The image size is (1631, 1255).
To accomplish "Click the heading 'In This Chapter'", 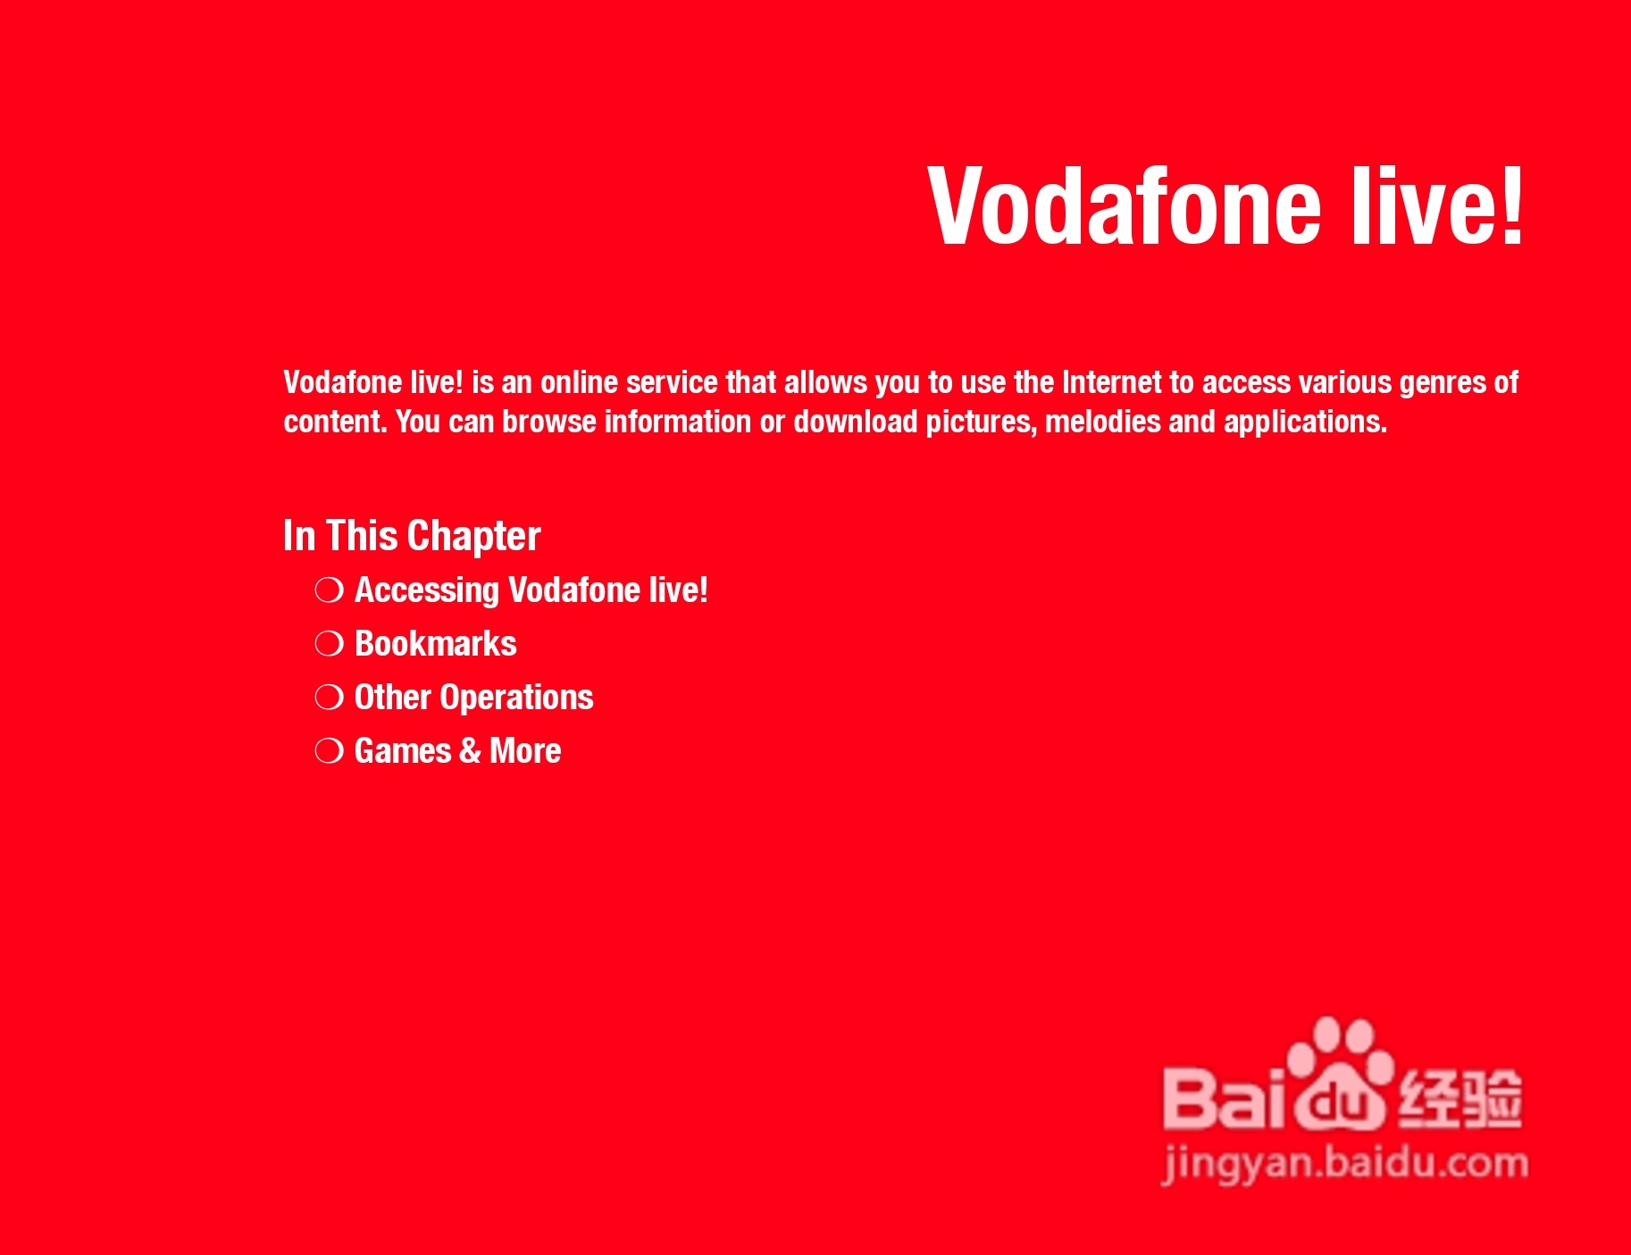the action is coord(412,536).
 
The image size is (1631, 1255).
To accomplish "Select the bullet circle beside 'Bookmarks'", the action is coord(329,644).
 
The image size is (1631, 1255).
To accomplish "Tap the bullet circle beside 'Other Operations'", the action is coord(329,698).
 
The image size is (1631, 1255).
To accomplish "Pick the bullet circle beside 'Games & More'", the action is coord(329,751).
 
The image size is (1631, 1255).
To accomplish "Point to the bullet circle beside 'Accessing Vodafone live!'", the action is coord(329,590).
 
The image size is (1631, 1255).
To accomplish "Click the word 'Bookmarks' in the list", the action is coord(436,644).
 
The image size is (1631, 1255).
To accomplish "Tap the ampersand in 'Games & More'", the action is coord(470,751).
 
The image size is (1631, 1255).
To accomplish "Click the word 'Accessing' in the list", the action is coord(427,591).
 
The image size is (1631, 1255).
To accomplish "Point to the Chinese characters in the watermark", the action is coord(1460,1097).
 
